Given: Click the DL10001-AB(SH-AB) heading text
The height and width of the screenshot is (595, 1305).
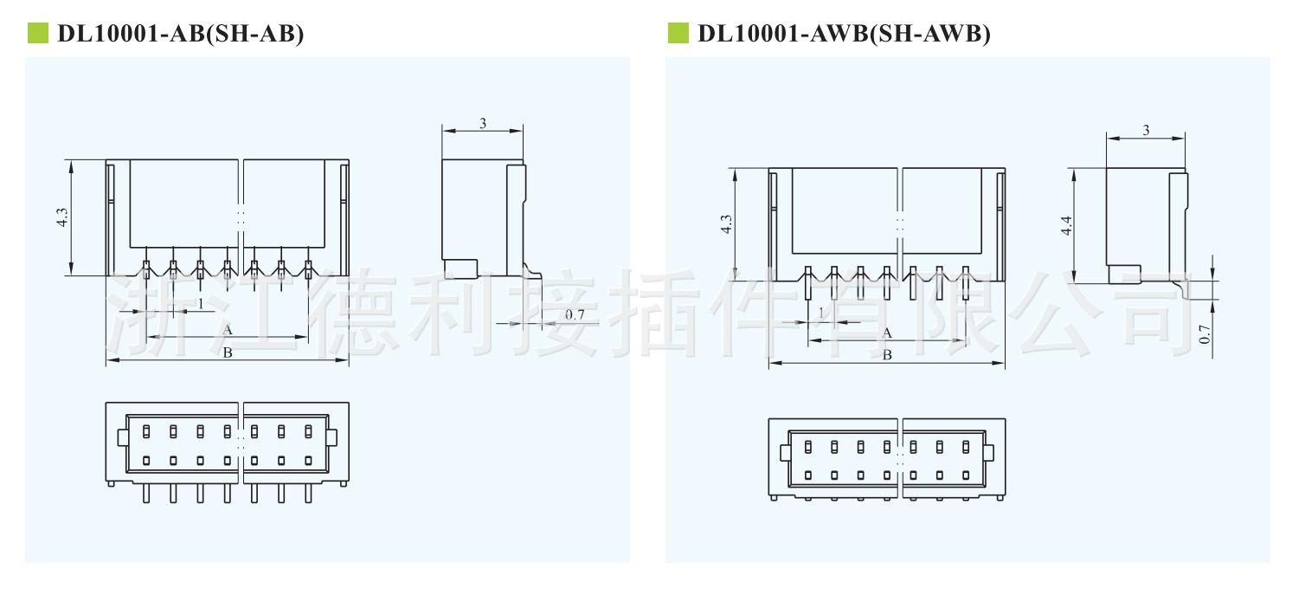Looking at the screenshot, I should [x=180, y=34].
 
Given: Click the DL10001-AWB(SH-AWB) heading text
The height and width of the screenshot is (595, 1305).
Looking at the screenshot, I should [x=844, y=34].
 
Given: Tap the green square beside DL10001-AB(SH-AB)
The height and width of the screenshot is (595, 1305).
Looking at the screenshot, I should [x=38, y=34].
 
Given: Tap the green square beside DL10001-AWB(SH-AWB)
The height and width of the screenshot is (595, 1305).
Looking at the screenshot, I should [x=678, y=34].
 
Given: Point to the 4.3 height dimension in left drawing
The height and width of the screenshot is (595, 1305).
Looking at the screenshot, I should [x=61, y=217].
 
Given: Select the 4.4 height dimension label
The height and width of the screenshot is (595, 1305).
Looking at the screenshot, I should [x=1066, y=225].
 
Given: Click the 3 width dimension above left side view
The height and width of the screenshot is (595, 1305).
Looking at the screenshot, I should [x=483, y=123].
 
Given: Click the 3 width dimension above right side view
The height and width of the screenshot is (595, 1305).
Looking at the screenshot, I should [x=1146, y=130].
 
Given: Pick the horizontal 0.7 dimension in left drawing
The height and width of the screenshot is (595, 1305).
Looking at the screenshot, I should [x=575, y=314].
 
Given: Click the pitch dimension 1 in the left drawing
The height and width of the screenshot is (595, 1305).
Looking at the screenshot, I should [x=201, y=303].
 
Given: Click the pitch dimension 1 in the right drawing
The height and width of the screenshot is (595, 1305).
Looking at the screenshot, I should [x=821, y=313].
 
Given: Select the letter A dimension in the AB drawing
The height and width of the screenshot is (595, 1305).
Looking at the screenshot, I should [x=228, y=330].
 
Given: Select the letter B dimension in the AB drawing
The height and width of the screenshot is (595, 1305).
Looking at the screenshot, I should [x=228, y=352].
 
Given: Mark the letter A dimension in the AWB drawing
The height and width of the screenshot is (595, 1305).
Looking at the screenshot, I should [x=886, y=333].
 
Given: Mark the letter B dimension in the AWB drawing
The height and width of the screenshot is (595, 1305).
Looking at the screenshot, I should [x=886, y=355].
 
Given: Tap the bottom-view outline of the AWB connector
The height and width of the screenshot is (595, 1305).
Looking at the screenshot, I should [x=887, y=459].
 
